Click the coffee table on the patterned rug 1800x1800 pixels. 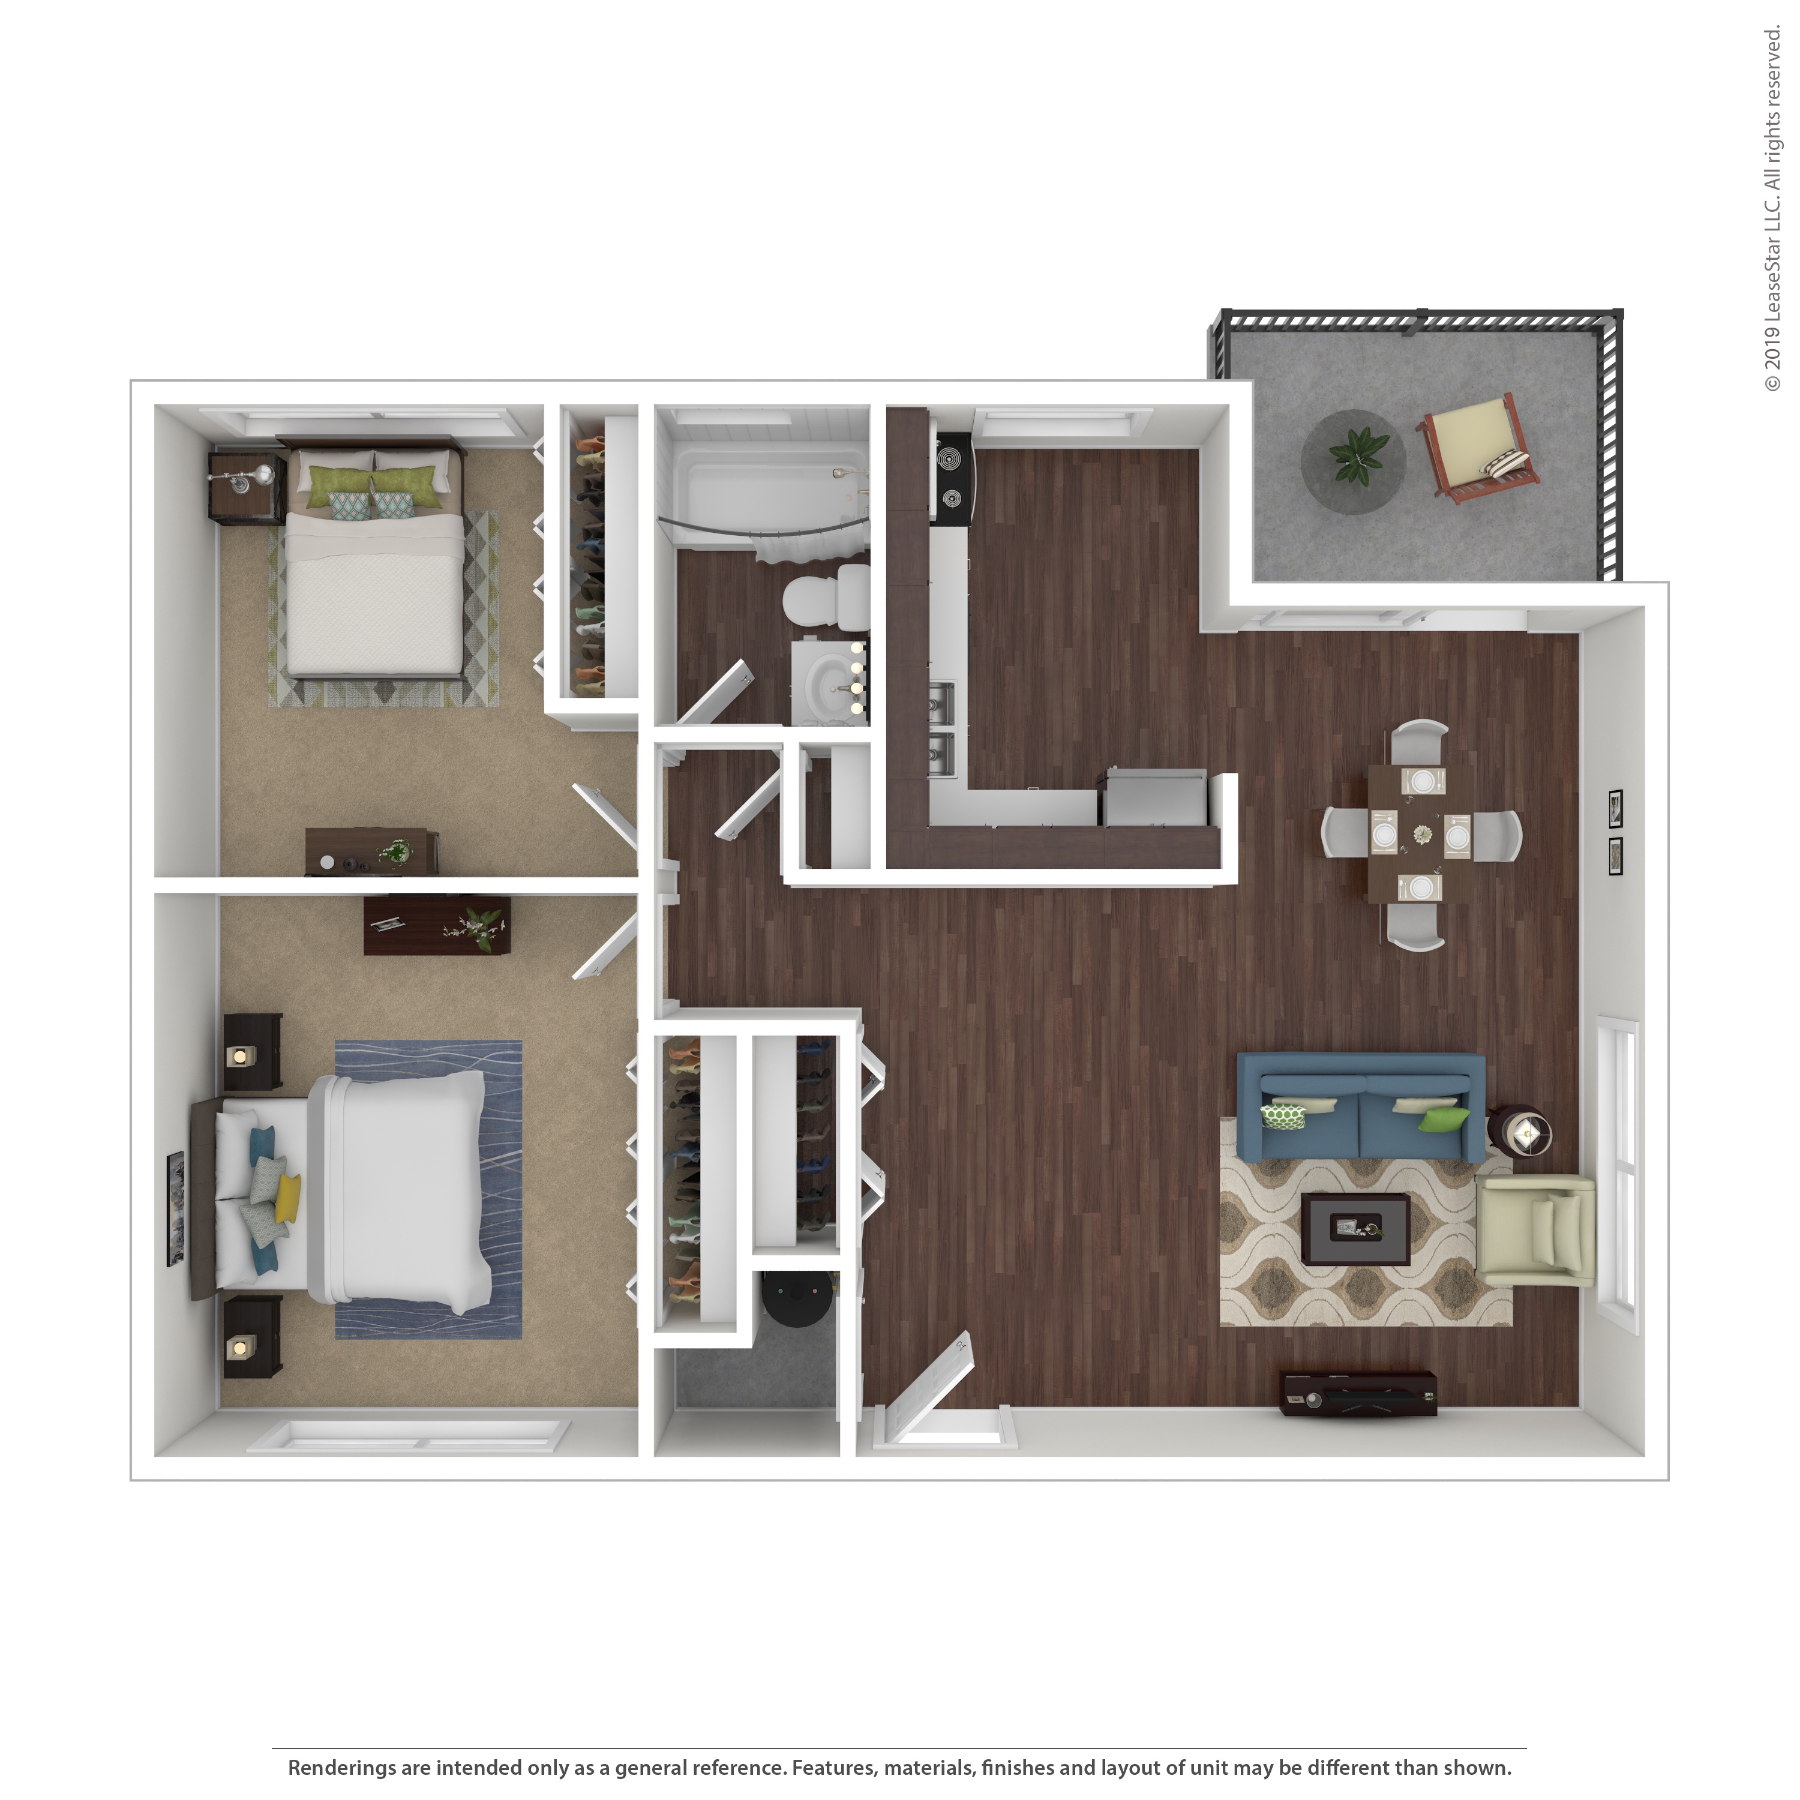[1355, 1228]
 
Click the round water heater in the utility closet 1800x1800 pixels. [797, 1298]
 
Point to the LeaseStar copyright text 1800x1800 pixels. [1771, 209]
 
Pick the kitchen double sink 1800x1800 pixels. [942, 727]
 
